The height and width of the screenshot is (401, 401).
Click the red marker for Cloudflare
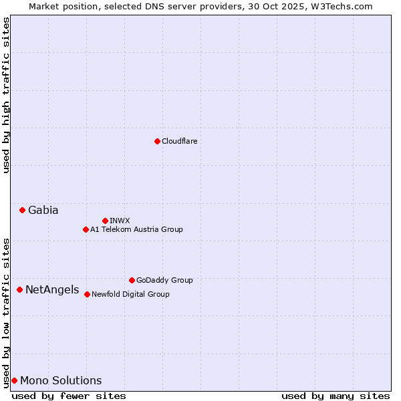click(157, 141)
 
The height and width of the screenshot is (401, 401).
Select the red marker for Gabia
click(22, 210)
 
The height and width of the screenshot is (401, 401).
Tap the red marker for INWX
click(105, 221)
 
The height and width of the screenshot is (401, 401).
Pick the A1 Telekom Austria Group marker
click(86, 229)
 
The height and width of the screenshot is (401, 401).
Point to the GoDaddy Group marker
click(132, 280)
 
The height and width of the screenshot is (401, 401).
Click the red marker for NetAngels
click(19, 289)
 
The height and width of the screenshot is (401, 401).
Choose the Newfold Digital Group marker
click(87, 294)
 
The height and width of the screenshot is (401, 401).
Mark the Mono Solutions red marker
click(14, 380)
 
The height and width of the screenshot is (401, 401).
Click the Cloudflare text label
click(179, 141)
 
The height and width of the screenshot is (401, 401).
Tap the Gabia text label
click(43, 210)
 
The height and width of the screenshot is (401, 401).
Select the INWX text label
click(120, 221)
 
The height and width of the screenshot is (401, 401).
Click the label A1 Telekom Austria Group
click(136, 229)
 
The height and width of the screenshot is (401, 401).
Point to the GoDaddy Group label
click(164, 280)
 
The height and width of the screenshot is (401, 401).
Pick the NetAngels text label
click(52, 289)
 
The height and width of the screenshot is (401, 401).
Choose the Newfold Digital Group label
click(130, 294)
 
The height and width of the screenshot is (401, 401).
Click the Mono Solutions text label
click(61, 380)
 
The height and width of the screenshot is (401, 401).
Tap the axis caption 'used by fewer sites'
click(69, 396)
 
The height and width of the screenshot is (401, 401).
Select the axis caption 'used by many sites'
click(336, 396)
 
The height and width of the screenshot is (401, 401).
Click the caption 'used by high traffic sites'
click(6, 95)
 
